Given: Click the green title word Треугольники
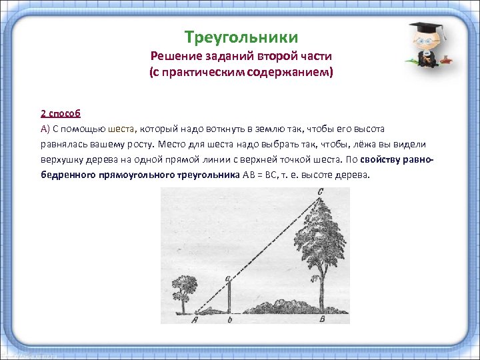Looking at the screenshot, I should coord(241,37).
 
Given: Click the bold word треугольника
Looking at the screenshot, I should coord(196,175).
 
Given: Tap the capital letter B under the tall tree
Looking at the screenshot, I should coord(323,319).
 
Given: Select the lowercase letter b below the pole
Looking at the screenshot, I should coord(229,319).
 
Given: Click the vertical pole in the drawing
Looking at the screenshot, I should coord(229,296).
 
